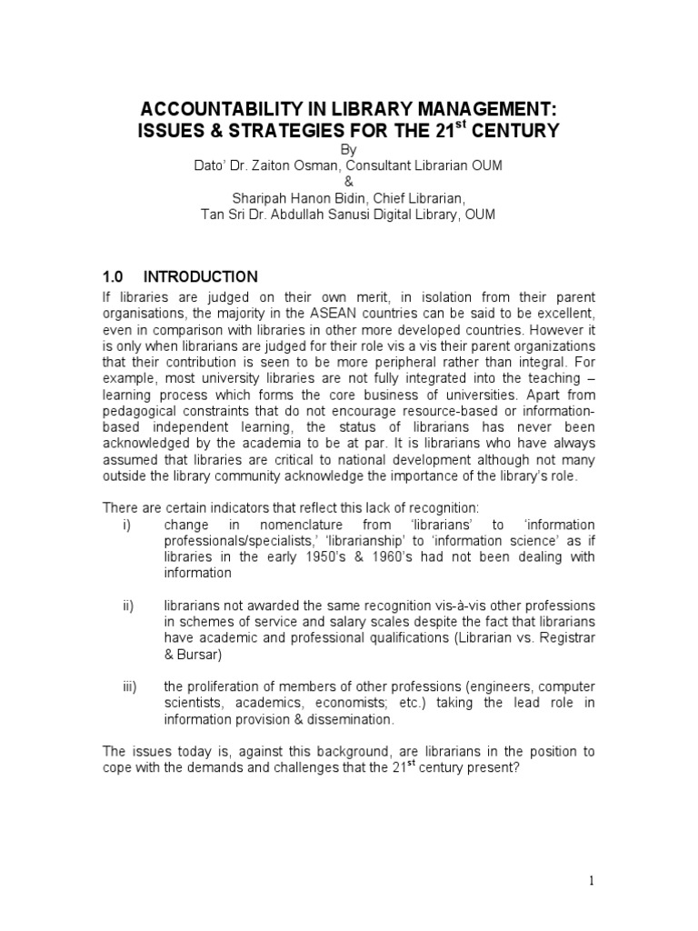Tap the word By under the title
pyautogui.click(x=349, y=149)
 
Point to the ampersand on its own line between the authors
pyautogui.click(x=349, y=182)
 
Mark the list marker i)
pyautogui.click(x=125, y=526)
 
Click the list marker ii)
pyautogui.click(x=126, y=606)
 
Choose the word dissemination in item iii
pyautogui.click(x=348, y=719)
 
